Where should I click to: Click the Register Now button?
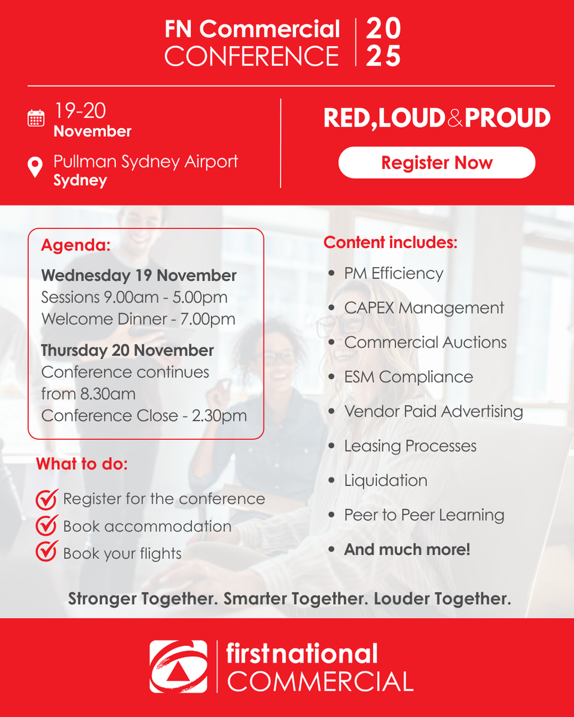pos(436,163)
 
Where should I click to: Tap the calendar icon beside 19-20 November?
pos(36,118)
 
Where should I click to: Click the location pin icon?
pos(35,167)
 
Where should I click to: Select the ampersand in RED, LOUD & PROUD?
pos(455,118)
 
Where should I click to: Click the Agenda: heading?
pos(76,245)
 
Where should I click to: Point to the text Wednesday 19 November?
pos(139,275)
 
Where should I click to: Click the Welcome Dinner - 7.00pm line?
pos(138,319)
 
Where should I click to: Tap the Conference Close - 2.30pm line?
pos(143,415)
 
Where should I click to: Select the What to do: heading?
pos(82,464)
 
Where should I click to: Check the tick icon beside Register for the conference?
pos(47,499)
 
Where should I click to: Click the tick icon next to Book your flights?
pos(47,551)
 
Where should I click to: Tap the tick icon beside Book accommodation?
pos(47,525)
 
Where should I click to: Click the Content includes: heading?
pos(390,242)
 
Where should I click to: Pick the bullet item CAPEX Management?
pos(424,308)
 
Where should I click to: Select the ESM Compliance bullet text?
pos(408,377)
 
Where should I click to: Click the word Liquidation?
pos(386,480)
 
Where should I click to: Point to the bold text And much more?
pos(407,550)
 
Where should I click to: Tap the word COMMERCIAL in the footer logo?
pos(320,681)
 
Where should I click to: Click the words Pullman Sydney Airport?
pos(146,162)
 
